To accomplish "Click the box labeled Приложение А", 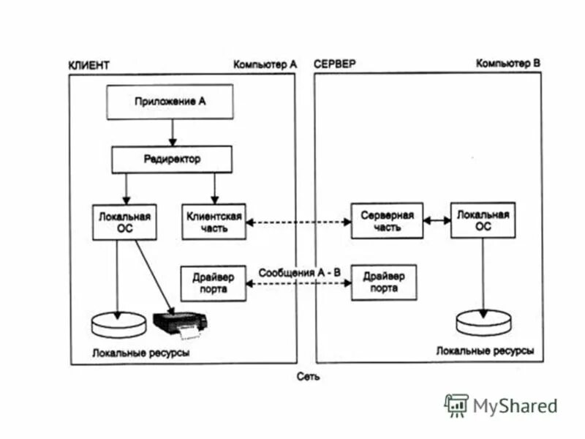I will pos(170,102).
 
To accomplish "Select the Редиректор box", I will pos(171,159).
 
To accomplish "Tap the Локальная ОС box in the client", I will pos(124,222).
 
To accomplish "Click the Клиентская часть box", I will pos(213,222).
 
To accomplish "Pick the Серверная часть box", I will pos(387,221).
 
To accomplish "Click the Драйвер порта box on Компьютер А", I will pos(213,282).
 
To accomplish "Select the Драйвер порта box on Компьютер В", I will pos(384,282).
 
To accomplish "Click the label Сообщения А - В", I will pos(299,271).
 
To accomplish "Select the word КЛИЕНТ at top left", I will pos(88,65).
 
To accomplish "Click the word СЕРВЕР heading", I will pos(334,64).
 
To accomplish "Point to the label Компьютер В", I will pos(507,64).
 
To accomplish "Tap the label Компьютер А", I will pos(265,64).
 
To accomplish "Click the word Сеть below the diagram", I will pos(308,377).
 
